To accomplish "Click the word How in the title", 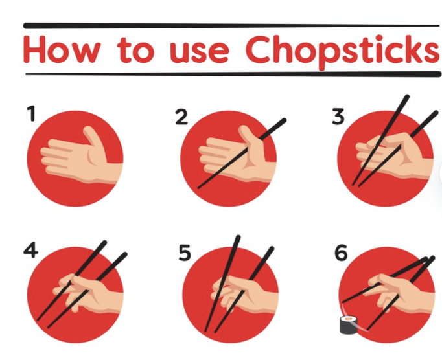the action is click(62, 50).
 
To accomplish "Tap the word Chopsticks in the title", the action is click(342, 52).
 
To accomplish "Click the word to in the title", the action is click(135, 50).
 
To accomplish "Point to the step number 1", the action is click(31, 113).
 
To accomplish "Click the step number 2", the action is click(181, 117).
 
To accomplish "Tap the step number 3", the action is click(338, 117).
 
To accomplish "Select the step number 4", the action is click(30, 250).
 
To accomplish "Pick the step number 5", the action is click(185, 253).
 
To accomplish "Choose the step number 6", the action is click(341, 253).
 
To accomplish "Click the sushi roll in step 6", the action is click(349, 325).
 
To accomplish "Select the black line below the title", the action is click(233, 74).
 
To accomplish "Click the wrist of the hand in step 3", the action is click(425, 168).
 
